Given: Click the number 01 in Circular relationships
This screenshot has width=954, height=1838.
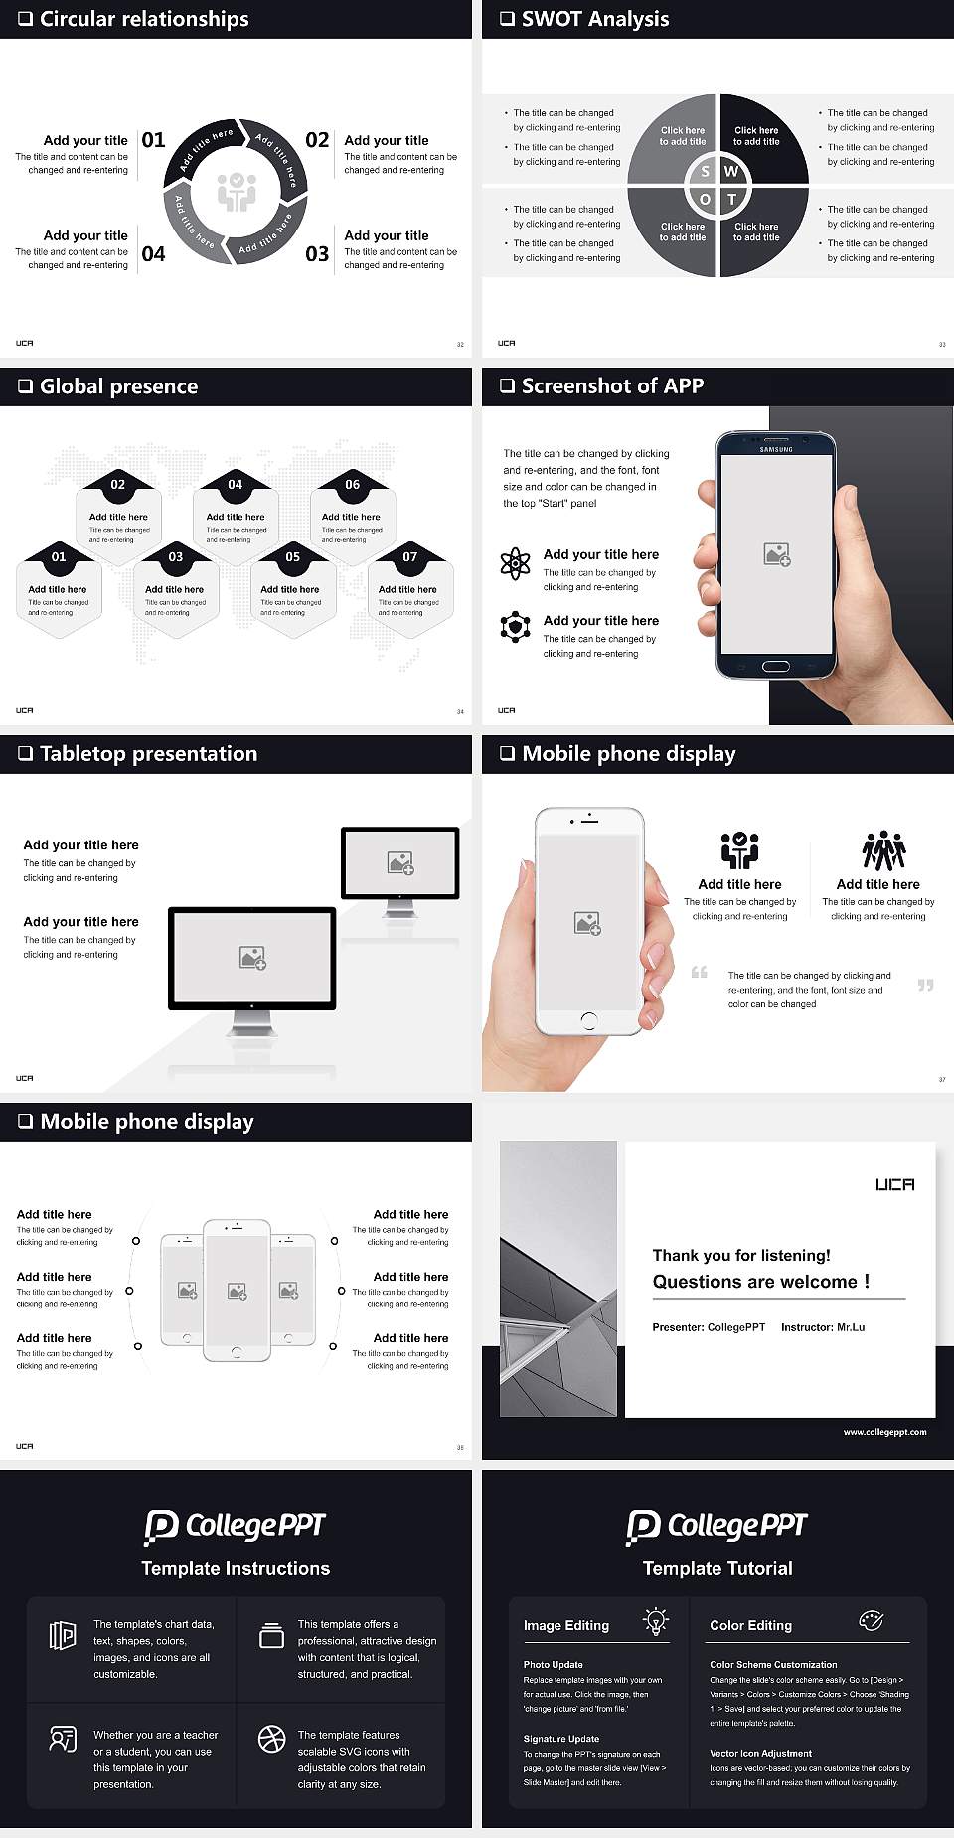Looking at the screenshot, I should (x=153, y=140).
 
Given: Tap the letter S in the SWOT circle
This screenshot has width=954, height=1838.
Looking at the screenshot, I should (x=705, y=171).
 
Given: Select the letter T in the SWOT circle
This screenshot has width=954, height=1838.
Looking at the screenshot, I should (x=732, y=199).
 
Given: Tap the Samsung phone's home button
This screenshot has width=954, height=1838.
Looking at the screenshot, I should (x=776, y=666).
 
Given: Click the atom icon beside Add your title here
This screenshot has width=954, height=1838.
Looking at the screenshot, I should (x=515, y=563).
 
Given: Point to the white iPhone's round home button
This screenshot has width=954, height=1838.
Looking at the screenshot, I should (x=588, y=1019).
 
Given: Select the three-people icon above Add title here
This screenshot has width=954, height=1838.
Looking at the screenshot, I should (x=883, y=850).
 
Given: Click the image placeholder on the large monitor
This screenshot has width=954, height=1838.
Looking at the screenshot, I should (x=252, y=958).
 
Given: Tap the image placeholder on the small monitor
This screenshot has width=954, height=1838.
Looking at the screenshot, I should (x=400, y=863).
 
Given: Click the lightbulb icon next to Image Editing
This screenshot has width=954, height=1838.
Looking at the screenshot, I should (x=656, y=1620).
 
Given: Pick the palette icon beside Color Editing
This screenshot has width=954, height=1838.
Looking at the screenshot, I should (x=871, y=1620).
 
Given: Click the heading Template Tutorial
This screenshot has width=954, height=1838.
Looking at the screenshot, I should (x=717, y=1568).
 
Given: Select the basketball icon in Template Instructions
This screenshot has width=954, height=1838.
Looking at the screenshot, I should (x=271, y=1738).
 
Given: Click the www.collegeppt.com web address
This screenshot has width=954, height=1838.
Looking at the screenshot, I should (x=884, y=1432).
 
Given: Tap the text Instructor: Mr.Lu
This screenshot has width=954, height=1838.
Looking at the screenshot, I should (x=823, y=1327).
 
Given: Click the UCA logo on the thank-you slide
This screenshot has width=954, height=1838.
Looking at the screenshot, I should (x=894, y=1184).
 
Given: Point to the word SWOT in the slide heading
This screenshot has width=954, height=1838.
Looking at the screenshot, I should (x=554, y=19).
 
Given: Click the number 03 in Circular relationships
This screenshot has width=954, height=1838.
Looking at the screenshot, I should (x=317, y=254).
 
